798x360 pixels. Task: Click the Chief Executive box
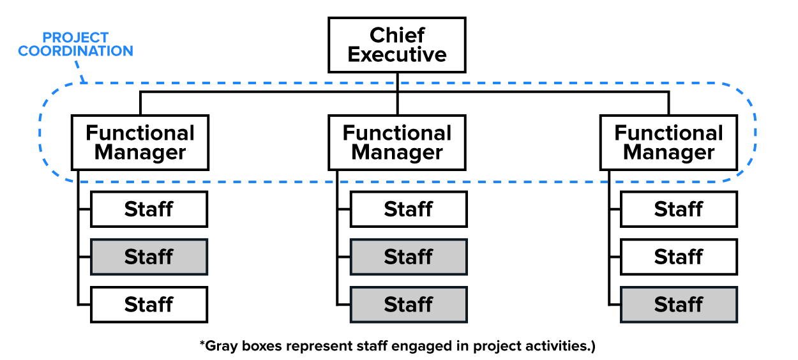396,45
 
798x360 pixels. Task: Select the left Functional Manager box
140,142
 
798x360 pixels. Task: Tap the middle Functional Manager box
396,142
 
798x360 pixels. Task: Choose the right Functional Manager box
668,142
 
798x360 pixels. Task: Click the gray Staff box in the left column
149,257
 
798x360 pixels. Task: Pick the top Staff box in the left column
149,209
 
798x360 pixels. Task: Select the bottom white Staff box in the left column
149,304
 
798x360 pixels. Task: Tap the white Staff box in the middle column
409,209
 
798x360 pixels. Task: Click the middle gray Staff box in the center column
409,257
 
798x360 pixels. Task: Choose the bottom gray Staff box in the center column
409,304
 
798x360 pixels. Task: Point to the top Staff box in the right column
679,209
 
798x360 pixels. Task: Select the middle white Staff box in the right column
679,257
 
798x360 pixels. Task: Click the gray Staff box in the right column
679,304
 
